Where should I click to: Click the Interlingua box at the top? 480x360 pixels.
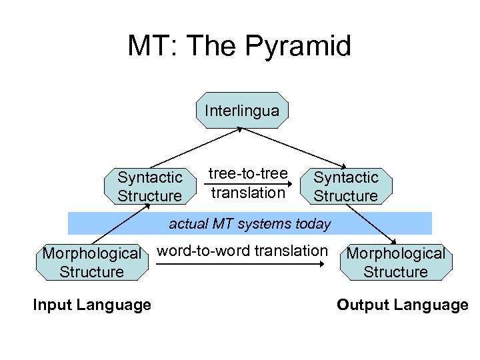(242, 111)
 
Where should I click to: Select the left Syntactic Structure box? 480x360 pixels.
(149, 187)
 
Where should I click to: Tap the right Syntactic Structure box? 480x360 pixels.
(345, 187)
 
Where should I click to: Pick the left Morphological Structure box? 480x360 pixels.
(92, 263)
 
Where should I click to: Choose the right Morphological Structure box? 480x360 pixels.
(396, 263)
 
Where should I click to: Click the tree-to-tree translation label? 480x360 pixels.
(248, 183)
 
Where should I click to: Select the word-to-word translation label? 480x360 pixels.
(243, 251)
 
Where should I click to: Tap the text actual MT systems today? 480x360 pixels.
(250, 223)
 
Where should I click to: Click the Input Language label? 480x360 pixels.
(92, 305)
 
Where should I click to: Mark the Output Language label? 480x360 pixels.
(403, 305)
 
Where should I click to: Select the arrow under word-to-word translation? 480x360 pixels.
(243, 265)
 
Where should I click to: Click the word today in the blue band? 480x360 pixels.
(313, 223)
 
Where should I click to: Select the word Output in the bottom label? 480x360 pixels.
(364, 305)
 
